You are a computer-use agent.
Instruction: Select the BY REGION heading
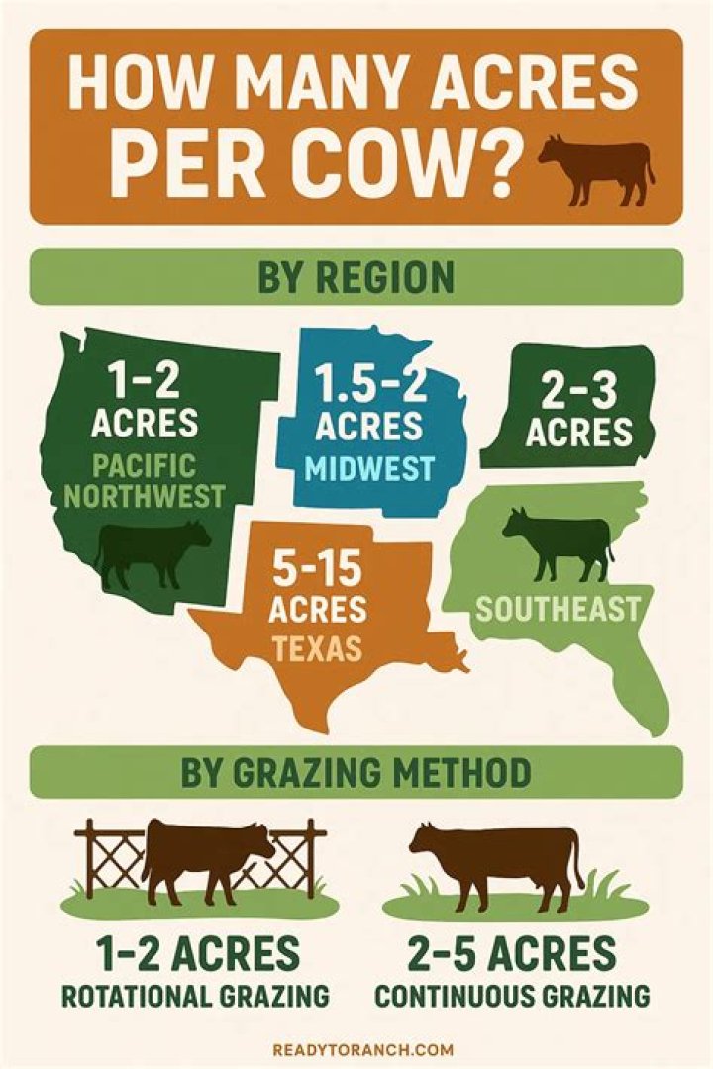click(356, 277)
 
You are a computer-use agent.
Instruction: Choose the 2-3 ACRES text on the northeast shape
click(578, 412)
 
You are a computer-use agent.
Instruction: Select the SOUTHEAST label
click(558, 608)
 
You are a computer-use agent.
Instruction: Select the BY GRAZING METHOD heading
click(356, 772)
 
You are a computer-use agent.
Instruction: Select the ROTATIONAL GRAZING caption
click(198, 996)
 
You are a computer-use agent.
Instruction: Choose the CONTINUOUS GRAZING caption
click(512, 996)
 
